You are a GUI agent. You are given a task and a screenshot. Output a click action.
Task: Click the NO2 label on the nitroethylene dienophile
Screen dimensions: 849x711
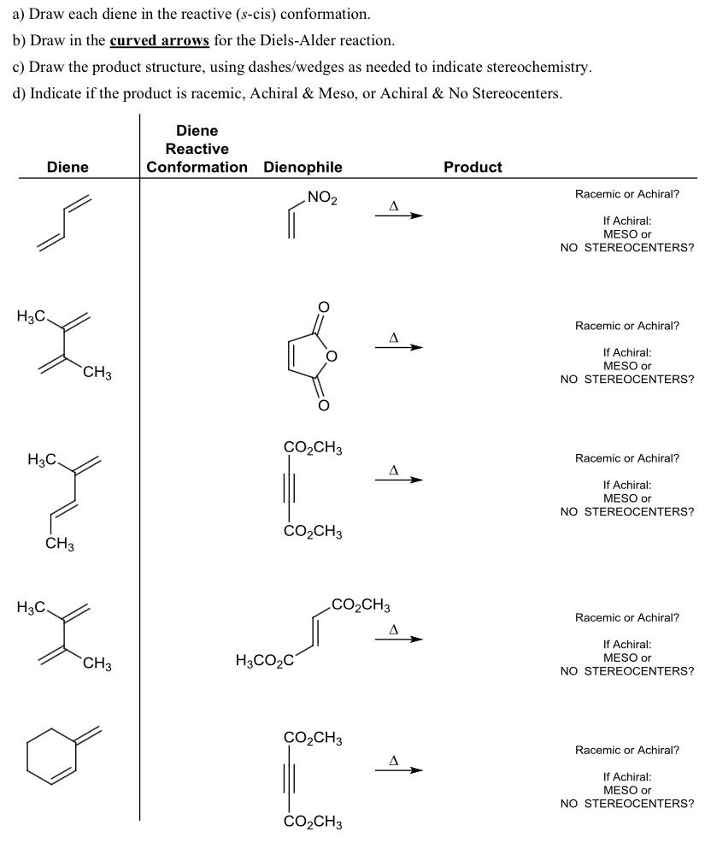point(322,199)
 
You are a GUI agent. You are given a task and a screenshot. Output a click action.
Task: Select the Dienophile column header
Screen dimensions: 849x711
point(303,168)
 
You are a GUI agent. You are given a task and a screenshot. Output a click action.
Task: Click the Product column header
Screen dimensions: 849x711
point(473,168)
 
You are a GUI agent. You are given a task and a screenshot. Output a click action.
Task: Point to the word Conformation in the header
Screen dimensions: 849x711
point(197,168)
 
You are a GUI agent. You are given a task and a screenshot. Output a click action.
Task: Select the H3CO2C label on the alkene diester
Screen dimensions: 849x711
point(263,661)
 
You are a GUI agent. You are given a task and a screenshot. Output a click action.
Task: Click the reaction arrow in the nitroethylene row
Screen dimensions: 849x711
point(398,215)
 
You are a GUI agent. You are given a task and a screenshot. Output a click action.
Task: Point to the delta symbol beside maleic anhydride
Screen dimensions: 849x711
point(394,338)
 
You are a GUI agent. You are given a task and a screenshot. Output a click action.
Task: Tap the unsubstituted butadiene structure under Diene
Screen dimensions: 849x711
point(63,221)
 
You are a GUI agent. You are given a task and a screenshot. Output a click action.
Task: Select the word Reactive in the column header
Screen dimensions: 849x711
point(197,149)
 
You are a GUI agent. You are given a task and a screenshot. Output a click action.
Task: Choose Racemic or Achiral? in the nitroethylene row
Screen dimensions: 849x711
point(627,194)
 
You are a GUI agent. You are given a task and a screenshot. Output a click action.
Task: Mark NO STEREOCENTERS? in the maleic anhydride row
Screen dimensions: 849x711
point(627,380)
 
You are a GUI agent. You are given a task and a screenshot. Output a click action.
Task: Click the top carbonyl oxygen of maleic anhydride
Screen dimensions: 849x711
point(324,306)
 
